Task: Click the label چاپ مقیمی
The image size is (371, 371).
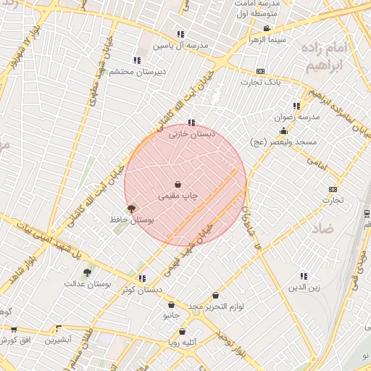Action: pyautogui.click(x=178, y=196)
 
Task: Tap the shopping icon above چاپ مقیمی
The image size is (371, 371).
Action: pyautogui.click(x=178, y=185)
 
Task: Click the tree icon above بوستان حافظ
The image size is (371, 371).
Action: pyautogui.click(x=131, y=208)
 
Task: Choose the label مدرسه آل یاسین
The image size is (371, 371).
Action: pyautogui.click(x=180, y=45)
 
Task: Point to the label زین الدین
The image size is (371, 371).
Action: pyautogui.click(x=304, y=287)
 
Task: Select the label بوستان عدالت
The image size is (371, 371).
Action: pyautogui.click(x=107, y=284)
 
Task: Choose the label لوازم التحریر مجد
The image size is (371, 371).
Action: pyautogui.click(x=216, y=307)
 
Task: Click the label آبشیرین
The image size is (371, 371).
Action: pyautogui.click(x=59, y=340)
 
